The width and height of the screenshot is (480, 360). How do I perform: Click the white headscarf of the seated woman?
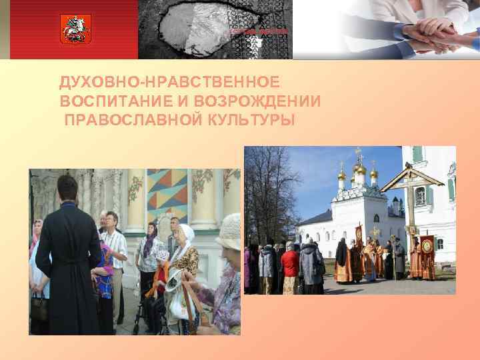point(187,233)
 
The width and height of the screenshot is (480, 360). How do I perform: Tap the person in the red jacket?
point(290,263)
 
